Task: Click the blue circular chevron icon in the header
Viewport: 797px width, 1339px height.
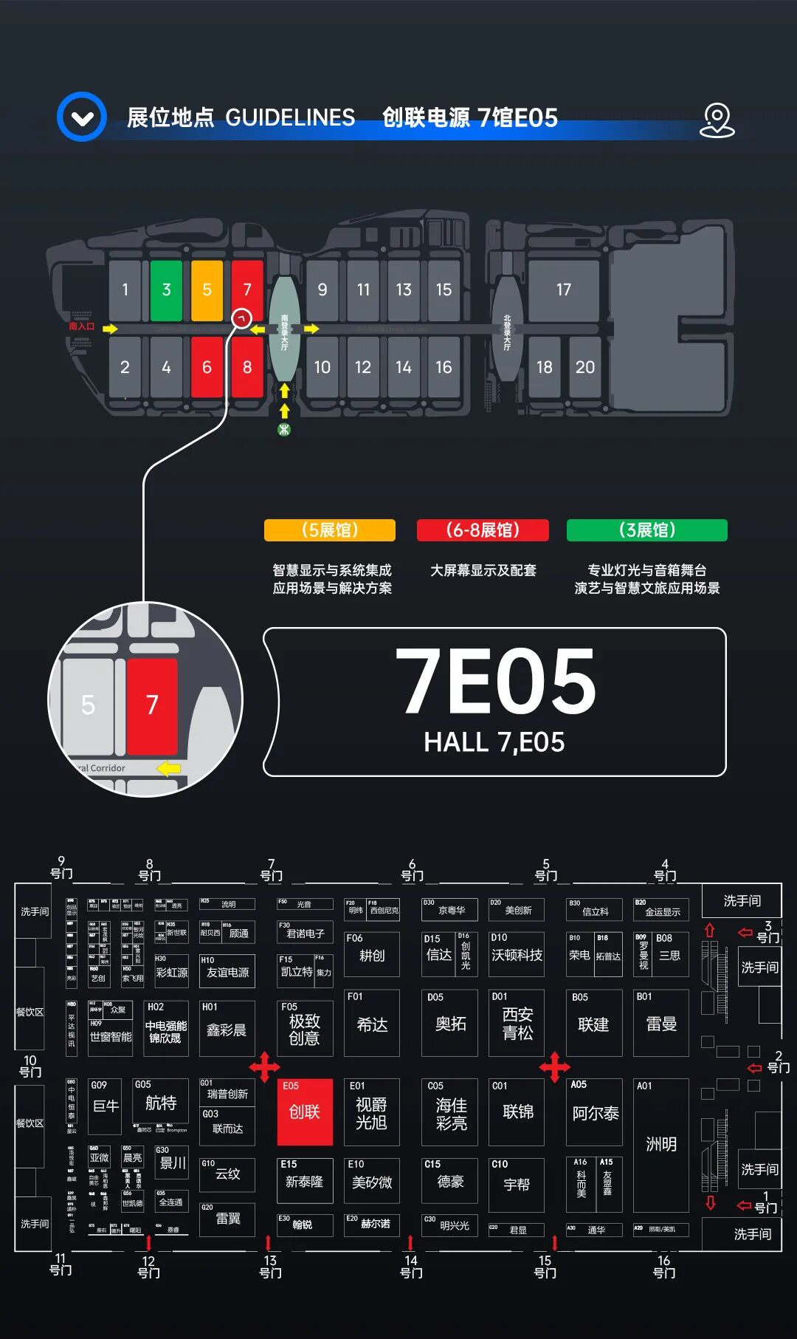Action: tap(82, 117)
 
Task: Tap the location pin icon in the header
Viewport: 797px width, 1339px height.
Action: tap(717, 120)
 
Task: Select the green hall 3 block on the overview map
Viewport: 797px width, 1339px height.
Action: tap(166, 290)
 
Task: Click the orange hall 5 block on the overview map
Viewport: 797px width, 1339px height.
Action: tap(207, 290)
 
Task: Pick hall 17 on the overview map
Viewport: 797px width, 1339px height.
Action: tap(563, 290)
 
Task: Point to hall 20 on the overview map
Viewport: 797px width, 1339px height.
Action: tap(584, 367)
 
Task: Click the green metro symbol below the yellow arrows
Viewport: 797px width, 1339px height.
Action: tap(284, 430)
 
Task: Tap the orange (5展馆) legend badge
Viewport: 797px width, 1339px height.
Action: tap(330, 530)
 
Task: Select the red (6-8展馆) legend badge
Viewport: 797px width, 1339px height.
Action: tap(483, 530)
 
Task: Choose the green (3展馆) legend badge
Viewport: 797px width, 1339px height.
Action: tap(646, 530)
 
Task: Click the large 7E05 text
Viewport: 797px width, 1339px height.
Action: tap(495, 681)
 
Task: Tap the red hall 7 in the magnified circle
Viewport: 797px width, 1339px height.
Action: tap(152, 705)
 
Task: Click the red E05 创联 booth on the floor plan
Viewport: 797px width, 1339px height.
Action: tap(304, 1112)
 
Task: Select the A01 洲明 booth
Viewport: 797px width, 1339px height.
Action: tap(660, 1145)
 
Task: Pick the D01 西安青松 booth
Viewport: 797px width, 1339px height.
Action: tap(517, 1024)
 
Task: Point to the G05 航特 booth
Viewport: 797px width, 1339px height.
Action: tap(160, 1103)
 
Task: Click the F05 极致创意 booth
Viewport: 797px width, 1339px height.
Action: tap(304, 1029)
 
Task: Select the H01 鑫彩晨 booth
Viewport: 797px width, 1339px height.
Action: tap(227, 1029)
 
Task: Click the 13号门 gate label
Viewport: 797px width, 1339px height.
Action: tap(270, 1266)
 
